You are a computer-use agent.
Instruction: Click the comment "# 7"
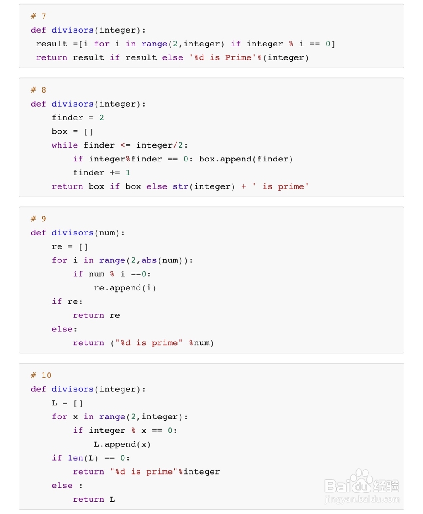38,16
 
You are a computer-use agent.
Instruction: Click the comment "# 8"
38,90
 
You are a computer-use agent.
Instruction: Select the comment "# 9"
38,219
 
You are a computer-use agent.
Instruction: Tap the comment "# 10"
41,375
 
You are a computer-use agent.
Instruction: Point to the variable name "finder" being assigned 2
67,118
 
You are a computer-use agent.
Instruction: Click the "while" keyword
65,145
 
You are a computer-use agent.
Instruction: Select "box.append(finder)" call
246,159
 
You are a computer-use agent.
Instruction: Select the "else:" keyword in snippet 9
62,329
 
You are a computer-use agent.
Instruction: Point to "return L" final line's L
112,499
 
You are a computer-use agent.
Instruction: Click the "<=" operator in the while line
125,145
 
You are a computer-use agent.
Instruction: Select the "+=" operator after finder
115,172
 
